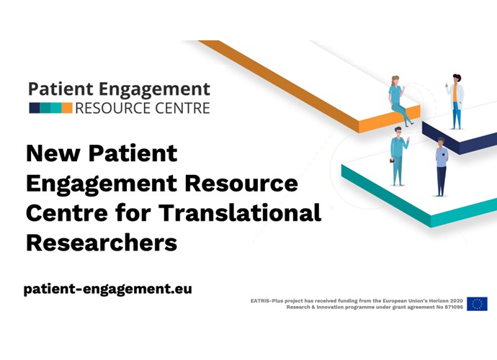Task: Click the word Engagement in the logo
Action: (x=154, y=90)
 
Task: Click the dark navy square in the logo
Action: (x=35, y=108)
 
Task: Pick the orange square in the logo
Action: (x=67, y=108)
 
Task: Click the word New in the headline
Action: (x=53, y=153)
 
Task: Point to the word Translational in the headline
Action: (x=240, y=212)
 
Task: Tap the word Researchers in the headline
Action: (x=102, y=243)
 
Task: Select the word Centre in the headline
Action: (x=67, y=212)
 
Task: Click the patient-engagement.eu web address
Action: (x=108, y=289)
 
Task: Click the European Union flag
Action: (x=477, y=304)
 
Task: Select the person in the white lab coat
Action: (x=455, y=102)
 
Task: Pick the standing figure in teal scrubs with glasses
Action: (x=398, y=156)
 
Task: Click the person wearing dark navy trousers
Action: (x=442, y=167)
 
